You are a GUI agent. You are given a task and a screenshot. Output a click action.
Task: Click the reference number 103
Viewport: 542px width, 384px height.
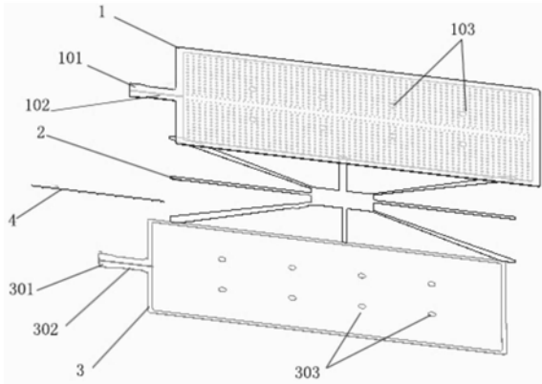[x=463, y=30]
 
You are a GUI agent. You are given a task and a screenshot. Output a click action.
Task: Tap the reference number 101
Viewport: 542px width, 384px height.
[x=71, y=58]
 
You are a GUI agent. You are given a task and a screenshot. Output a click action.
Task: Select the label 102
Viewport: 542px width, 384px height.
[x=38, y=105]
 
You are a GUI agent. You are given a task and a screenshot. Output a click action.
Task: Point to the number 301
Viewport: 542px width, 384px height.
[x=21, y=289]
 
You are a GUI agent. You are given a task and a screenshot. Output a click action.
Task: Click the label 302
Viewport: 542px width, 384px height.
[x=46, y=330]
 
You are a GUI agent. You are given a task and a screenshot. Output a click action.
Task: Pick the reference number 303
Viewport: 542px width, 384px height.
[x=307, y=373]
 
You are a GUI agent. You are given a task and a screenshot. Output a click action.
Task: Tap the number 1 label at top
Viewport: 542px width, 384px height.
[x=101, y=12]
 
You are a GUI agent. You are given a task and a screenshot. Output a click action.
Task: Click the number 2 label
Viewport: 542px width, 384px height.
[x=41, y=133]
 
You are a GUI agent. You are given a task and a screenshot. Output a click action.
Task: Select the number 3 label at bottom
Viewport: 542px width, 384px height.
[x=80, y=371]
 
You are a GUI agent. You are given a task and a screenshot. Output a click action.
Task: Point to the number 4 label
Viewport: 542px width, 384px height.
[x=12, y=221]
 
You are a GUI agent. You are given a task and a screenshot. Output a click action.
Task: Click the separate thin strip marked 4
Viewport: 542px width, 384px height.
[x=98, y=193]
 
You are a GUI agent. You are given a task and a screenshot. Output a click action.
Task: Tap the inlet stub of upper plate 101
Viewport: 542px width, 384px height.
[x=152, y=91]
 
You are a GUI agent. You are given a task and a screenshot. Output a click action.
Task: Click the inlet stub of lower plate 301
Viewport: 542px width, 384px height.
[x=124, y=262]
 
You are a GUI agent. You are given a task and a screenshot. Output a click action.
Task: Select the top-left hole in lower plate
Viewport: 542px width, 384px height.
[x=222, y=259]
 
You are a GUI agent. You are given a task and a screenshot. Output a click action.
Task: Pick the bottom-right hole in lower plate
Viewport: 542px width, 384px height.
[x=432, y=314]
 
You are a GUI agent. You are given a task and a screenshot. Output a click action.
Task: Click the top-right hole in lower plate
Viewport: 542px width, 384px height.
[x=431, y=284]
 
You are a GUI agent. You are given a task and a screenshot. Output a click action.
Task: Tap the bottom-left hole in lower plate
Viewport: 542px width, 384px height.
[x=223, y=289]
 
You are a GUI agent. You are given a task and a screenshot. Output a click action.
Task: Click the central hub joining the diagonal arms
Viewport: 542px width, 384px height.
[x=342, y=199]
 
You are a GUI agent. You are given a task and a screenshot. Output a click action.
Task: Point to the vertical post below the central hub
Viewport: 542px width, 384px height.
[x=344, y=224]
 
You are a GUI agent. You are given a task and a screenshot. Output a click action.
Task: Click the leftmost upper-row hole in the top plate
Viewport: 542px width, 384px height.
[x=253, y=89]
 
